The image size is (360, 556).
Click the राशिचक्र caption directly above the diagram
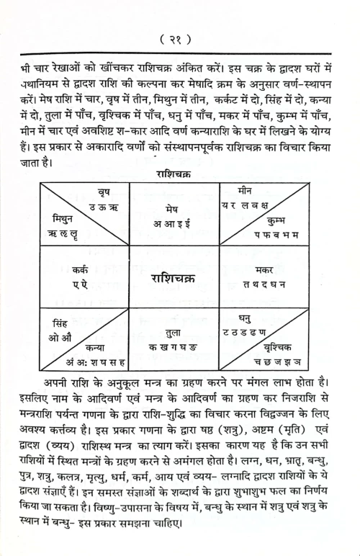click(179, 173)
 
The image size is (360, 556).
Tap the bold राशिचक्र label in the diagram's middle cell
click(179, 277)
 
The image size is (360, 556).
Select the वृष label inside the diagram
click(109, 192)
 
